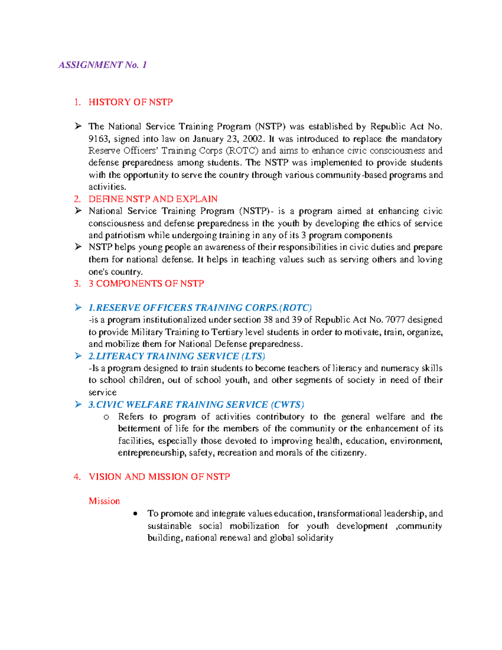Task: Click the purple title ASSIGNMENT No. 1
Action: click(102, 65)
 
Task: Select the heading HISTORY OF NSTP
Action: click(131, 102)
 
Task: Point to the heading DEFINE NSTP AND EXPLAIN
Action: click(153, 199)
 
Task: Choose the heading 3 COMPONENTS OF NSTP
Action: click(146, 284)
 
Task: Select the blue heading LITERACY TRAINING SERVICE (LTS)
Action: click(177, 356)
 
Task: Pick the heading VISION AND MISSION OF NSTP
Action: click(159, 477)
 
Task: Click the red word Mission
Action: click(104, 501)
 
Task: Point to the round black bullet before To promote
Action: click(135, 514)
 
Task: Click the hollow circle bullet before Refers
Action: click(106, 417)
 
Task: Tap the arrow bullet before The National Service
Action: click(78, 126)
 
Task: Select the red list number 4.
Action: click(77, 477)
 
